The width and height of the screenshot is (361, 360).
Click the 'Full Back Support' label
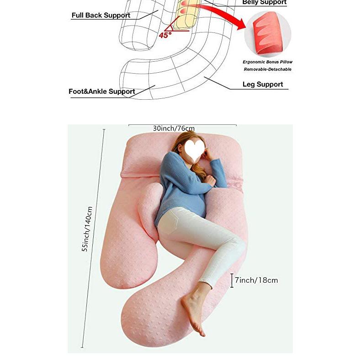coord(101,16)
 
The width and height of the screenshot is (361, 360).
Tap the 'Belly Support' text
coord(264,3)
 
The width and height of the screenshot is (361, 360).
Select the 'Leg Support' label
coord(262,85)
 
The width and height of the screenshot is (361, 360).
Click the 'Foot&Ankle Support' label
coord(101,91)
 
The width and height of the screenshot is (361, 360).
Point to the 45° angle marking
coord(165,34)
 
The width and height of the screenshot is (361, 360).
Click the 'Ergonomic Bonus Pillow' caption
coord(267,62)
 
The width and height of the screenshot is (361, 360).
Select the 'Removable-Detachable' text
coord(267,70)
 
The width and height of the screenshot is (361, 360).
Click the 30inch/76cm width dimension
coord(174,129)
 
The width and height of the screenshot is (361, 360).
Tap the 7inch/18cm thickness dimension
coord(256,280)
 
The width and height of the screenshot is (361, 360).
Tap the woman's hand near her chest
coord(211,182)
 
